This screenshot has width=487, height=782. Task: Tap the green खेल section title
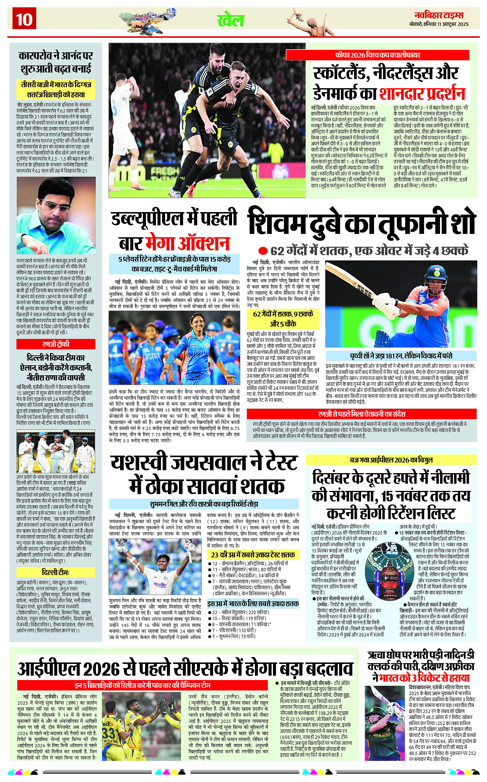231,20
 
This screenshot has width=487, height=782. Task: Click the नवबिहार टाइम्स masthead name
439,15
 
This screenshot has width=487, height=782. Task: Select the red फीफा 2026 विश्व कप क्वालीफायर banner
377,55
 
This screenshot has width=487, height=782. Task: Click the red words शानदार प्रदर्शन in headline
422,93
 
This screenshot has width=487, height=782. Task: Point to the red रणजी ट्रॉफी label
56,344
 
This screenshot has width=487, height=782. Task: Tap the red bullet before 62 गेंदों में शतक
263,251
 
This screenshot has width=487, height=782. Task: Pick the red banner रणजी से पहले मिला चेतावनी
361,414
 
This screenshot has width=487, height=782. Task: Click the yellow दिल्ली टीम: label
56,572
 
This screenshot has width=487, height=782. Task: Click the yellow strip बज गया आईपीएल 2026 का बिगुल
391,460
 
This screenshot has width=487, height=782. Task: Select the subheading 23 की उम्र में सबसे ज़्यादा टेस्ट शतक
253,555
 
